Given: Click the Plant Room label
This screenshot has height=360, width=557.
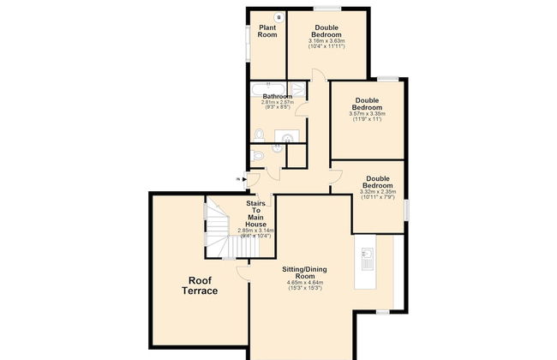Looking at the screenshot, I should point(267,32).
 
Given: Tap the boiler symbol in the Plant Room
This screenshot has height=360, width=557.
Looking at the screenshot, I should point(278,17).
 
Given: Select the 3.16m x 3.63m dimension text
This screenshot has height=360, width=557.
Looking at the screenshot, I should point(326,40).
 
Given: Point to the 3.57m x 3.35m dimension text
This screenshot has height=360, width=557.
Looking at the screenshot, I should point(368,113).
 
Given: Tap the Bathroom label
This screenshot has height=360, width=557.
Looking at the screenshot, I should point(278,97).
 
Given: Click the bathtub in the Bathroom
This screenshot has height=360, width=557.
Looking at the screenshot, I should point(268,87).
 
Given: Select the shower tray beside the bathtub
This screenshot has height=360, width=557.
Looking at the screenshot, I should point(297,88).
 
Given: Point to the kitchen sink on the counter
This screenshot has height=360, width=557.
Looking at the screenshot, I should point(367,255).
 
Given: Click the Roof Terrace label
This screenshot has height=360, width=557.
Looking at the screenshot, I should point(199,285).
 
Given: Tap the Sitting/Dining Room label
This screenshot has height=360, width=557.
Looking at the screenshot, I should point(303,273).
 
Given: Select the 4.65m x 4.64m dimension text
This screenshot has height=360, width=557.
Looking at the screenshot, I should point(303,282).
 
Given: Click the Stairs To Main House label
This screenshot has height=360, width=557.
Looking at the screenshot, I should point(255,214).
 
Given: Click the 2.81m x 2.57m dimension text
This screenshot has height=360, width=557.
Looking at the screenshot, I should point(278,103).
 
